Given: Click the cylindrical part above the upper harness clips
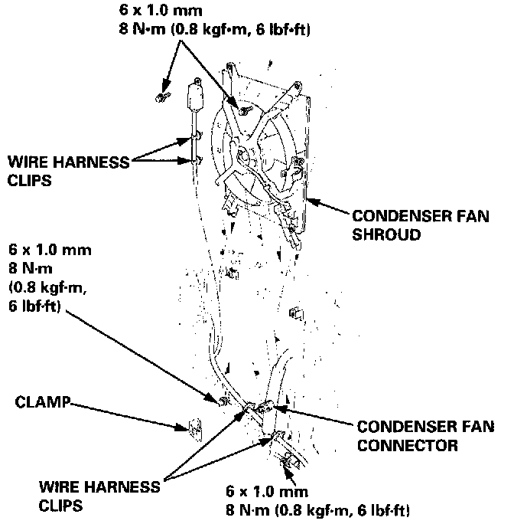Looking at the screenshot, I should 196,97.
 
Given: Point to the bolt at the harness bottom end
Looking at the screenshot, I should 288,461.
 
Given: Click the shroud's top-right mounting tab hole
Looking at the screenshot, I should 299,84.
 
